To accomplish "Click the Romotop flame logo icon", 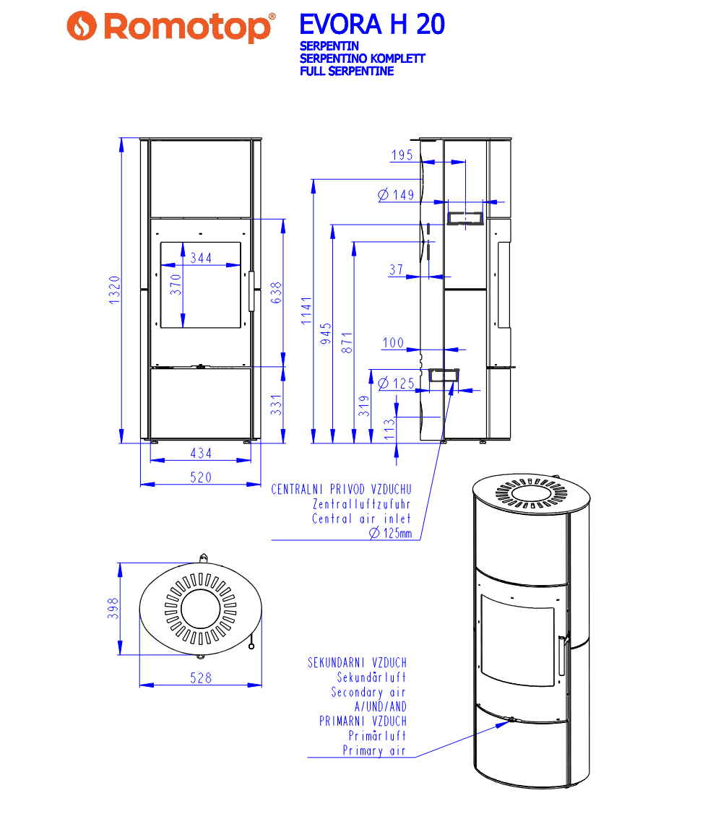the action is (x=82, y=27).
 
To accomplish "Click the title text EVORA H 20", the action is (x=371, y=25).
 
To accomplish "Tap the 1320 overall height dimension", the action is (x=114, y=290).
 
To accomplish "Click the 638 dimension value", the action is (x=277, y=292).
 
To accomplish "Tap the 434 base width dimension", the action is (x=201, y=453).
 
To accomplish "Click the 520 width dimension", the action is (x=201, y=477).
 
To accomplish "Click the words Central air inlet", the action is (x=361, y=519).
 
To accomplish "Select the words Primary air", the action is (x=374, y=751).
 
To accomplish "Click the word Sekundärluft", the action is (x=371, y=677).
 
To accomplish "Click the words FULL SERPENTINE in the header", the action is (x=346, y=71).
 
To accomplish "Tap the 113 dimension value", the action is (x=390, y=429).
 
